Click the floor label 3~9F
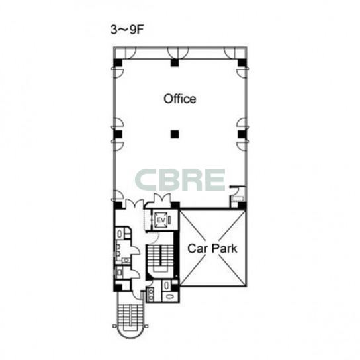coord(127,30)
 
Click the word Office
coord(180,99)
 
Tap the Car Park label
coord(212,248)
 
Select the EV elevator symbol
coord(161,220)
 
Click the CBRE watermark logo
coord(180,179)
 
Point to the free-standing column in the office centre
coord(175,134)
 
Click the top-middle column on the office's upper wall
coord(175,62)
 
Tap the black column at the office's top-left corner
coord(118,62)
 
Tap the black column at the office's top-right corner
coord(242,62)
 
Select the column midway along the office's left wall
coord(118,134)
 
